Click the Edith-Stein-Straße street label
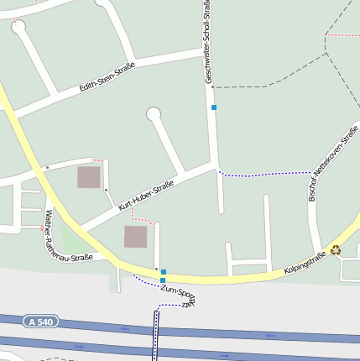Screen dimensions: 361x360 coord(107,75)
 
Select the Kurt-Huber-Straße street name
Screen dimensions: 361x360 coord(146,195)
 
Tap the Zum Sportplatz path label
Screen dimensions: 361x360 coord(178,296)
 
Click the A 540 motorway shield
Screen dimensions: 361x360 coord(40,322)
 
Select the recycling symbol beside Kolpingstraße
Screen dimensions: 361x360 coord(336,249)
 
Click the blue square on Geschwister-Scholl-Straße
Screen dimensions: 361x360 coord(214,107)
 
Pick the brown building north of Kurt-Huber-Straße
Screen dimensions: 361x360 coord(88,177)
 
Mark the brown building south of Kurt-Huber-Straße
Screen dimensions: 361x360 coord(136,237)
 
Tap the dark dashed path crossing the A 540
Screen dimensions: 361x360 coord(155,332)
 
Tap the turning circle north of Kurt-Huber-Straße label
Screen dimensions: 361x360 coord(153,113)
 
